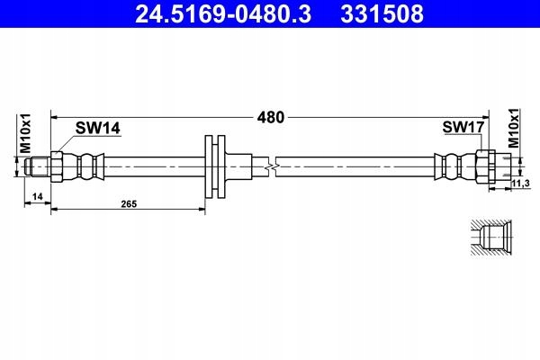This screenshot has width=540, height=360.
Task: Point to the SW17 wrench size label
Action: point(463,129)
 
